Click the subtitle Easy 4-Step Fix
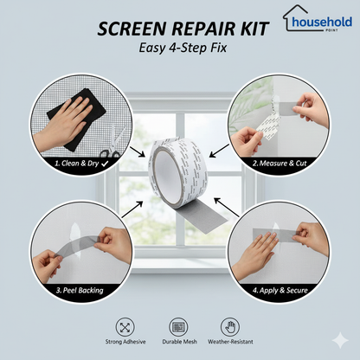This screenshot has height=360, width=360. point(183,48)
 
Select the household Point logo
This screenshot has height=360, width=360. point(318,18)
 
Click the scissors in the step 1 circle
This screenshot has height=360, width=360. point(113,143)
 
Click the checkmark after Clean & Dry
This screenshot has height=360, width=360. point(105,164)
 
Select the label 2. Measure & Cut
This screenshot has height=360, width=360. point(280,164)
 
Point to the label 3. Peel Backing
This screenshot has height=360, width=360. point(80,290)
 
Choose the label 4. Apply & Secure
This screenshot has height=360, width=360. point(280,290)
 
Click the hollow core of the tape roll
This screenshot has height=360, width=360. point(166,176)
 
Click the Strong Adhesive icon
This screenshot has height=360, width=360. point(125,327)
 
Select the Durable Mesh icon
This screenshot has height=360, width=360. point(178,327)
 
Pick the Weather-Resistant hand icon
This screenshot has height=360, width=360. point(230,327)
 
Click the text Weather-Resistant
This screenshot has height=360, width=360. point(230,342)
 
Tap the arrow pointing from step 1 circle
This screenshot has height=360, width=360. point(137,151)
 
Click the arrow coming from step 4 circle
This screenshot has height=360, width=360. point(227,207)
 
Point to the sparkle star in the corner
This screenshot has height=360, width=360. point(340,340)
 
